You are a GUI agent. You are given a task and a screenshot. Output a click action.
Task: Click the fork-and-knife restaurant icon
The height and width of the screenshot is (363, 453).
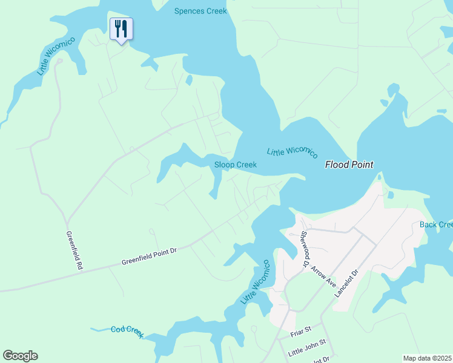pos(121,28)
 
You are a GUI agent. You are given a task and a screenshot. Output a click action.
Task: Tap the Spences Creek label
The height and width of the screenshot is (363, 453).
pos(200,11)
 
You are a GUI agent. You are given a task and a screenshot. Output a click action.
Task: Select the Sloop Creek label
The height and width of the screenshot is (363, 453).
pos(236,165)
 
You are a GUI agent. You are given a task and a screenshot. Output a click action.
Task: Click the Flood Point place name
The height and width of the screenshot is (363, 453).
pos(349,164)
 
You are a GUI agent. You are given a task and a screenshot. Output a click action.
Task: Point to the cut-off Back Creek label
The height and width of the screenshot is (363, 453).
pos(437,224)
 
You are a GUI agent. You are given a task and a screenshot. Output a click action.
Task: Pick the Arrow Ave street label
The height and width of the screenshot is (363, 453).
pos(323,275)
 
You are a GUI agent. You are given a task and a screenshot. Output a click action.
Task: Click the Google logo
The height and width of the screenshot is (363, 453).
pos(20,356)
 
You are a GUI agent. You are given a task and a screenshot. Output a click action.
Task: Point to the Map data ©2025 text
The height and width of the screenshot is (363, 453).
pos(427,358)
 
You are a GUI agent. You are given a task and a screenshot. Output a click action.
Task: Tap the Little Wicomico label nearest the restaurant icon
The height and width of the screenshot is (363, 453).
pos(56,56)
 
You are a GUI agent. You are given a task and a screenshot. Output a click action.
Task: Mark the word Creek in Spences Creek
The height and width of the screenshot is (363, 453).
pos(216,11)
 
